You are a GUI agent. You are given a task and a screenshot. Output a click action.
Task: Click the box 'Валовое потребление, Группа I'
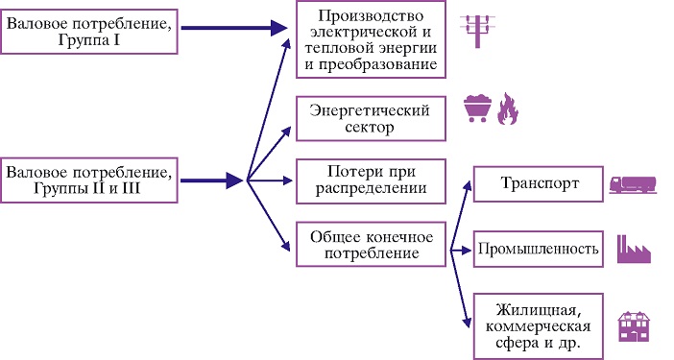point(89,32)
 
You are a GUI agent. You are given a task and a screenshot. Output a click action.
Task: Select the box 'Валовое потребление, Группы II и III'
point(89,180)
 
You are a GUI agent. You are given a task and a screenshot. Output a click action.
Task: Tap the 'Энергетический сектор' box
point(371,119)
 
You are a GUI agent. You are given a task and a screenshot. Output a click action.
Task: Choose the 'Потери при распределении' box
point(371,180)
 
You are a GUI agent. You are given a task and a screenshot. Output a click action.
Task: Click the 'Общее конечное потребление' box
point(371,244)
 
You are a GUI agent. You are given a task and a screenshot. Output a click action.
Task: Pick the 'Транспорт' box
point(539,184)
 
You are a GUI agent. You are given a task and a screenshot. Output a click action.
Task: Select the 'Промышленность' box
point(539,249)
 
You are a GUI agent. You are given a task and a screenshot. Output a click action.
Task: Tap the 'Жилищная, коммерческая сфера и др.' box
point(539,326)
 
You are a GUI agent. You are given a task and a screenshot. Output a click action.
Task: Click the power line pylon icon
point(477,31)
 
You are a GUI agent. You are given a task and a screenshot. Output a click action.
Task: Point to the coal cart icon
point(477,108)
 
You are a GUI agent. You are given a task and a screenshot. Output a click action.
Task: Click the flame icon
point(508,108)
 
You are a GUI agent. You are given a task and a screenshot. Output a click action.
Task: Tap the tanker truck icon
point(633,184)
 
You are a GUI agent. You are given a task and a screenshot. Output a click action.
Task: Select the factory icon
point(634,250)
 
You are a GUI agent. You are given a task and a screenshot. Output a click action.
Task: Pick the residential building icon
point(634,326)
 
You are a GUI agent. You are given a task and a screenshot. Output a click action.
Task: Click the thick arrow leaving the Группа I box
point(234,29)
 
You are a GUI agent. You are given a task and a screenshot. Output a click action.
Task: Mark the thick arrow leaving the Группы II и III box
point(211,180)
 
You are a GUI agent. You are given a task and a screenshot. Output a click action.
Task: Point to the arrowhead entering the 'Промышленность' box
point(467,250)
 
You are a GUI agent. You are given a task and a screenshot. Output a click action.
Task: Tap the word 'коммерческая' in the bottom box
point(539,326)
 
